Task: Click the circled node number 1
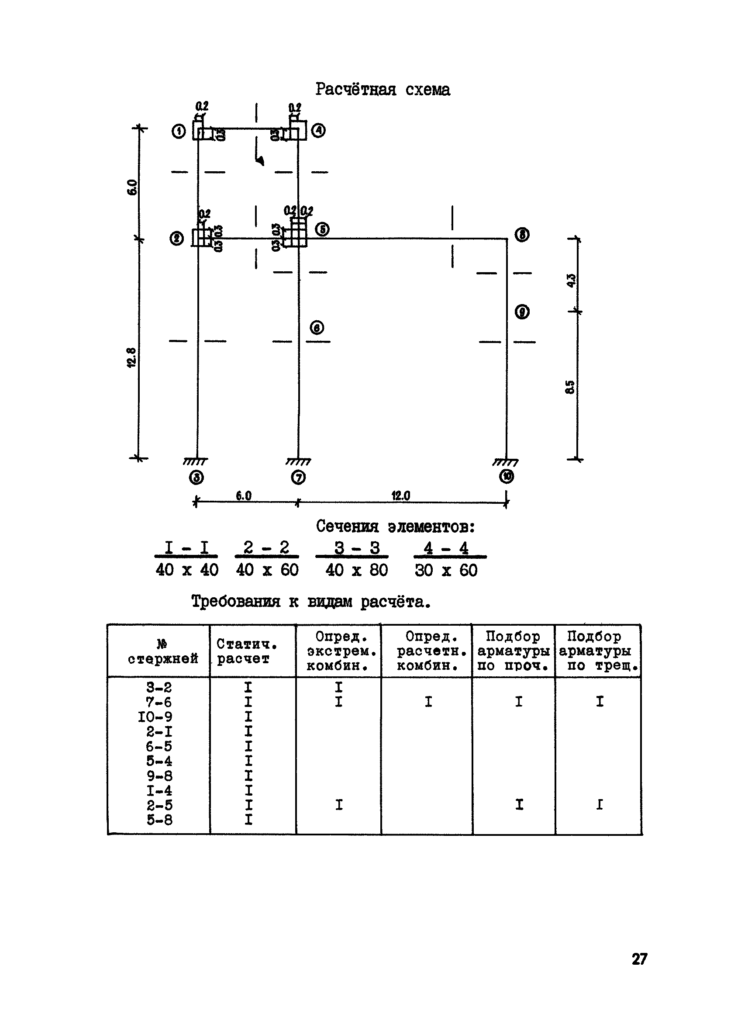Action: [x=179, y=132]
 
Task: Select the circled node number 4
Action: [x=318, y=131]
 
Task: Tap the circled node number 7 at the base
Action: [x=298, y=477]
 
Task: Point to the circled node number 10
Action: [x=506, y=476]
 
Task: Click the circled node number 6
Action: [x=317, y=328]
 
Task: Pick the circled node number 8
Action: [x=521, y=235]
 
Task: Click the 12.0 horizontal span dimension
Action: [x=400, y=495]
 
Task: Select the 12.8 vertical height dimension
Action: [x=131, y=357]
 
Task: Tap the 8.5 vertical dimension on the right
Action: [x=570, y=387]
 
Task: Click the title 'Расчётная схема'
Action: [x=383, y=89]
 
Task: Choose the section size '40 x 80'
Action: [x=356, y=570]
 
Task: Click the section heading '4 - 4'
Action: [x=446, y=548]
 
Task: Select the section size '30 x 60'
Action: [x=446, y=570]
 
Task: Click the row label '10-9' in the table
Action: [x=155, y=717]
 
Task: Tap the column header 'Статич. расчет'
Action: [x=247, y=651]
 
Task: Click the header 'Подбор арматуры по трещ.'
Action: [x=598, y=651]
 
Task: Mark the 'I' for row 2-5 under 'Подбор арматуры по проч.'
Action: [x=519, y=805]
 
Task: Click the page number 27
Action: [x=639, y=959]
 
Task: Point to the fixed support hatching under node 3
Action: [x=196, y=462]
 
